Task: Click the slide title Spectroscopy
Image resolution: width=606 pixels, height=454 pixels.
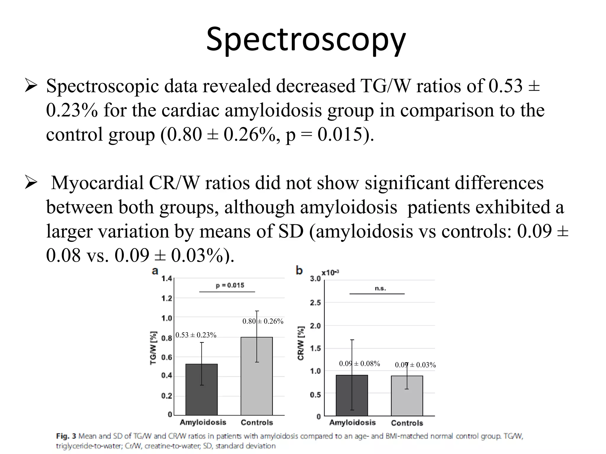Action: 306,40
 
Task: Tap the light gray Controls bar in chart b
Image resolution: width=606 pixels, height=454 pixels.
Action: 407,398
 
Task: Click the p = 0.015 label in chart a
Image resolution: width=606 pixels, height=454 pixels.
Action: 230,286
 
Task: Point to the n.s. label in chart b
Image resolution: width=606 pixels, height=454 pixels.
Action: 380,288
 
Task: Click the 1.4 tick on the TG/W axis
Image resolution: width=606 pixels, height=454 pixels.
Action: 167,278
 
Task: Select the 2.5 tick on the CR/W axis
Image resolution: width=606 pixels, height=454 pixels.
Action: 315,303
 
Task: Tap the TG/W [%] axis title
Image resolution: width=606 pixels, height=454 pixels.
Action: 153,348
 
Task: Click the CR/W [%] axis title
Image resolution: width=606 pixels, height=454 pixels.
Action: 301,343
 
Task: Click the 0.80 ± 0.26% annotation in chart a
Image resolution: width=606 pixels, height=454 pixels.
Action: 263,321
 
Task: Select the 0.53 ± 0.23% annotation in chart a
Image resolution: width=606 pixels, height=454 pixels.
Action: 196,335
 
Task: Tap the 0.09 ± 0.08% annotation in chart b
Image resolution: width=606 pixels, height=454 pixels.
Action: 359,364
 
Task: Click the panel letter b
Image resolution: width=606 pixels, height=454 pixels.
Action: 299,270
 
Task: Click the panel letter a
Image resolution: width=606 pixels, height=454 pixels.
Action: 155,271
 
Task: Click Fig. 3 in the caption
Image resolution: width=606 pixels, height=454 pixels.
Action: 66,436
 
